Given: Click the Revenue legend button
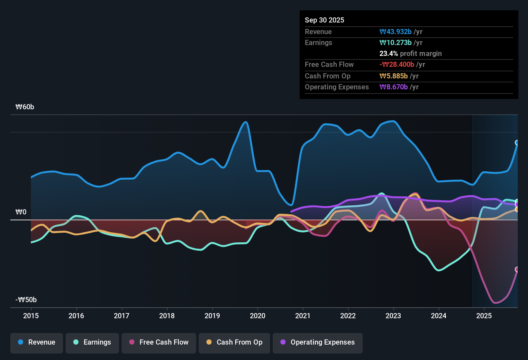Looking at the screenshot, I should [x=37, y=342].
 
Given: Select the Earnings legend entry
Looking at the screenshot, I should [x=92, y=342].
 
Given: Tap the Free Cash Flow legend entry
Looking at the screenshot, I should [x=159, y=342].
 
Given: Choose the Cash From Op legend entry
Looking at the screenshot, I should [x=234, y=342].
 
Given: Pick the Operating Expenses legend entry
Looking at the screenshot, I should [x=318, y=342].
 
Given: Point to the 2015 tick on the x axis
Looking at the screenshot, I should [x=31, y=316].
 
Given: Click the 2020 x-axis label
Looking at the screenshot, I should [x=258, y=316].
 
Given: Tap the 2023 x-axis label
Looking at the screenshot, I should [x=393, y=316].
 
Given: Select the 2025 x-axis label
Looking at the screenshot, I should [x=484, y=316].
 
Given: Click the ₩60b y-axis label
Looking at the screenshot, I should [x=25, y=107].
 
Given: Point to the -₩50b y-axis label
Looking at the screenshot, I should [x=26, y=300].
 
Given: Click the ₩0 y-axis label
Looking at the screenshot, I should [x=21, y=212].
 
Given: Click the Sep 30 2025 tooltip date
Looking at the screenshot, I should [x=324, y=20].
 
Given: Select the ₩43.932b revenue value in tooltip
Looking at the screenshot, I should [x=396, y=32].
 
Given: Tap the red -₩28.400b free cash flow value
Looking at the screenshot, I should [x=397, y=65].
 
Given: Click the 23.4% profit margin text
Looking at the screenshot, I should [x=410, y=54].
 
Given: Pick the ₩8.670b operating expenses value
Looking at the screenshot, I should [x=394, y=87].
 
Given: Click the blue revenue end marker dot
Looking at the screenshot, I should [x=517, y=143].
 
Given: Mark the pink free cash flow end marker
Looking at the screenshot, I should [x=517, y=269].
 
